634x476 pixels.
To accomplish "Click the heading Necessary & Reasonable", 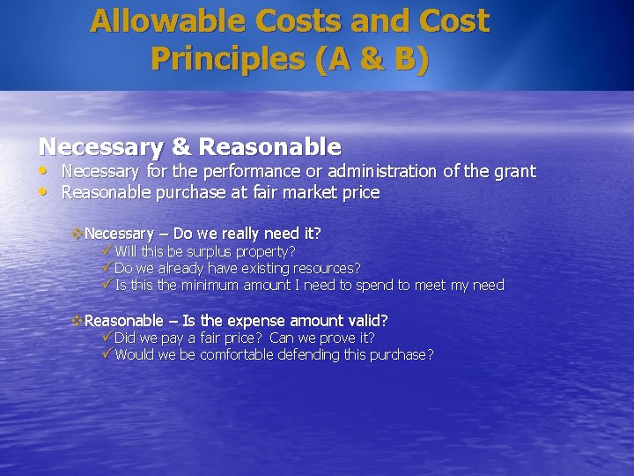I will click(189, 146).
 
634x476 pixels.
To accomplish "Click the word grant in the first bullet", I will click(515, 171).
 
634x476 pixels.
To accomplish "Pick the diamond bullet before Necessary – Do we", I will click(77, 234).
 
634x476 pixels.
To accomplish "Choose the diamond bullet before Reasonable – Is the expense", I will click(77, 321).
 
